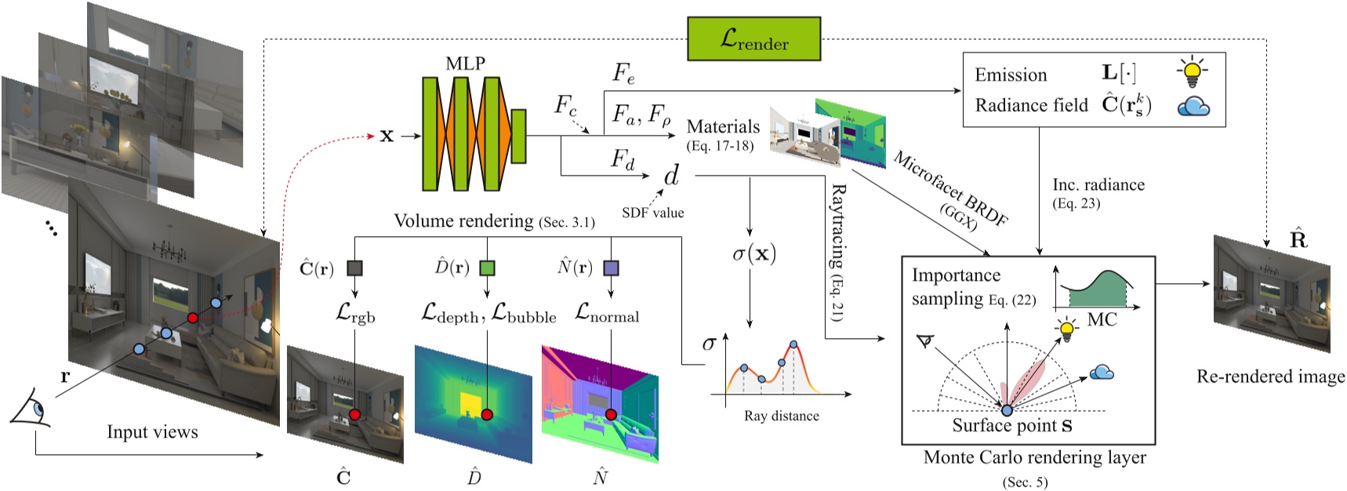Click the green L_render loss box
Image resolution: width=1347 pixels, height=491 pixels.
click(x=753, y=39)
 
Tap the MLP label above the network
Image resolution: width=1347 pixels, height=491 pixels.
click(x=465, y=64)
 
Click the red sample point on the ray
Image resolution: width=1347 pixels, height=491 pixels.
click(x=192, y=318)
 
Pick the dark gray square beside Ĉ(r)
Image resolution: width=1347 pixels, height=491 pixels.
click(x=354, y=268)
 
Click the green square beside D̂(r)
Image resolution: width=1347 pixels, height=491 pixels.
click(x=487, y=268)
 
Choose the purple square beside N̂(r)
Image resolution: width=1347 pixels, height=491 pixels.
click(x=611, y=268)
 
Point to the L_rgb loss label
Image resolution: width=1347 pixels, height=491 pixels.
click(x=355, y=314)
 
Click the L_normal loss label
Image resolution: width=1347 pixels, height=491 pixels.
click(x=607, y=313)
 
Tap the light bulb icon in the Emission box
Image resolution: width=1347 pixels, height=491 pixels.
click(x=1192, y=72)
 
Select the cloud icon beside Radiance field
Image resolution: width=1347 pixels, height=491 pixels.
click(x=1193, y=106)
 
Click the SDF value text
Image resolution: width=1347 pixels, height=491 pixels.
click(x=652, y=213)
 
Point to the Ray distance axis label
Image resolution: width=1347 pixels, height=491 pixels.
click(x=781, y=416)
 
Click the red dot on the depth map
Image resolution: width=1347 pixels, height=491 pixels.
click(x=487, y=414)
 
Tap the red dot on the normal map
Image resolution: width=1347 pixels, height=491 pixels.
click(x=611, y=413)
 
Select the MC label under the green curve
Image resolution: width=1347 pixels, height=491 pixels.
click(x=1102, y=319)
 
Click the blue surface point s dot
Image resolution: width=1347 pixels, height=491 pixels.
click(x=1007, y=410)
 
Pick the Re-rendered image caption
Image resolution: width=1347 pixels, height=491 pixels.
click(x=1269, y=376)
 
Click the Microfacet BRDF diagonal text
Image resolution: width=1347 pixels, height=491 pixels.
click(x=949, y=189)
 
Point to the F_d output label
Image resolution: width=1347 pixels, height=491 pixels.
click(x=622, y=159)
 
